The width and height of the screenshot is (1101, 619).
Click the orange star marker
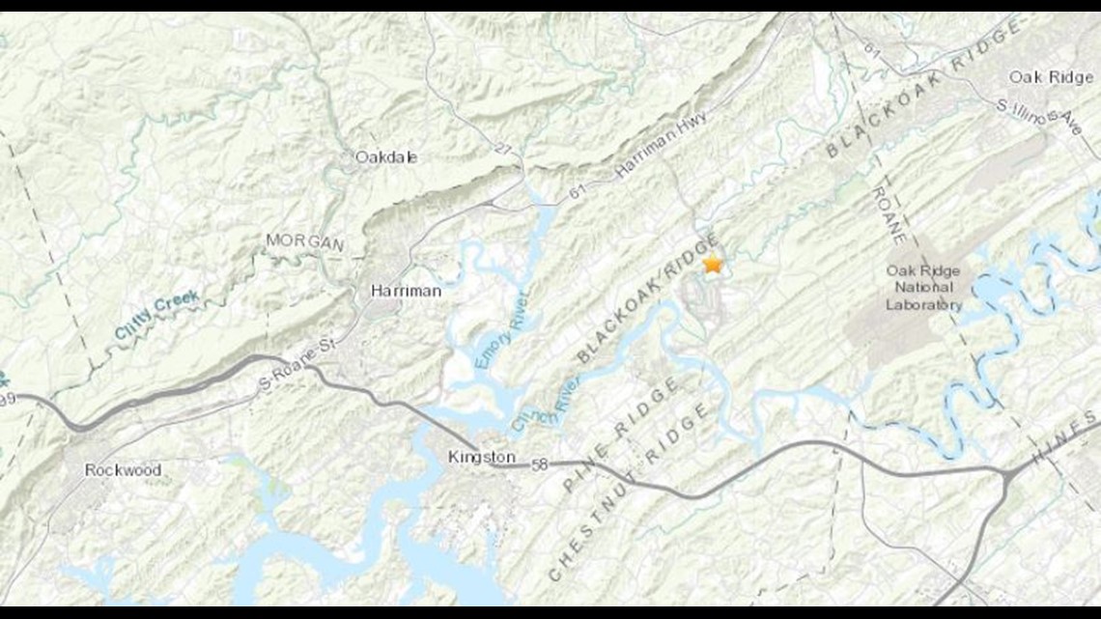713,264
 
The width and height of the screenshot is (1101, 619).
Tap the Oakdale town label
386,156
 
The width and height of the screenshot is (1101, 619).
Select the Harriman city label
406,291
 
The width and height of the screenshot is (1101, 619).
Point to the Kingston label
482,457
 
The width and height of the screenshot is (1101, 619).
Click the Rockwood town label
123,470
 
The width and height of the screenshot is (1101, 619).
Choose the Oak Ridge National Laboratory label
923,288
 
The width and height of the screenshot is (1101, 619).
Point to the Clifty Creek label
156,315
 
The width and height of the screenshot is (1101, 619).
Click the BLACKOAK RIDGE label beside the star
648,299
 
